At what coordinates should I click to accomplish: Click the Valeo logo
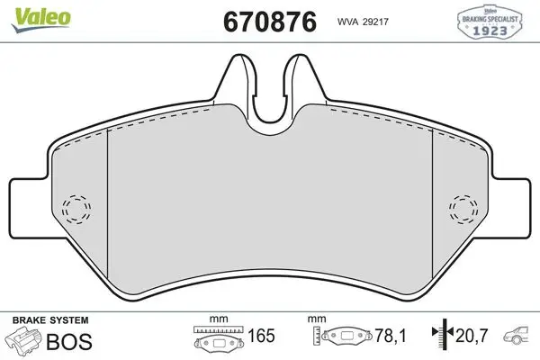point(41,19)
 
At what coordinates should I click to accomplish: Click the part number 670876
point(270,22)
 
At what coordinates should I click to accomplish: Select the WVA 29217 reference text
point(363,22)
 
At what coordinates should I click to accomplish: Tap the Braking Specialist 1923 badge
point(490,22)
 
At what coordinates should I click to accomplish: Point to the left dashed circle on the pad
point(76,210)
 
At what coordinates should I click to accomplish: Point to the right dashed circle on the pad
point(463,209)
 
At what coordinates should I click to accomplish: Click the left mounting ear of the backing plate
point(28,208)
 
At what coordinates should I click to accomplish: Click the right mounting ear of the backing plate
point(512,208)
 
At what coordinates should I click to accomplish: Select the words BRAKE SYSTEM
point(50,320)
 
